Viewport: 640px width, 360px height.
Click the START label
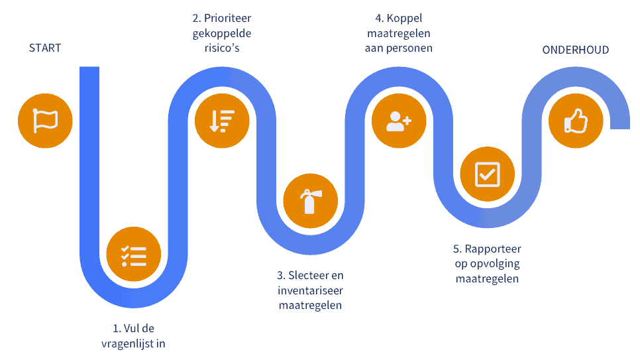(x=45, y=48)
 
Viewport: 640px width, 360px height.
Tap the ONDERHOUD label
(x=575, y=50)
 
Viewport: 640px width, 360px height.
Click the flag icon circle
(x=45, y=121)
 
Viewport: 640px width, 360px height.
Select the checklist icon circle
(x=134, y=255)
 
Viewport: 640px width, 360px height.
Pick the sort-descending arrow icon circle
(x=222, y=121)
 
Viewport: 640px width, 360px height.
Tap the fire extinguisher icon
(x=309, y=201)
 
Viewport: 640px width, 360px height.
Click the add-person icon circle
(x=398, y=121)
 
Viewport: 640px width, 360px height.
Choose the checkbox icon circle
(x=487, y=174)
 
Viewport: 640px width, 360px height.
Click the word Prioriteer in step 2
(x=227, y=18)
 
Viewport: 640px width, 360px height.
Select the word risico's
(x=221, y=48)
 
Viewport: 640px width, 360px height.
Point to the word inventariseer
(x=309, y=290)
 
